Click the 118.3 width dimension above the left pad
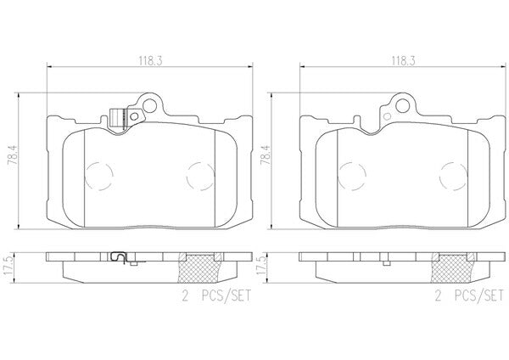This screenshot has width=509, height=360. [151, 61]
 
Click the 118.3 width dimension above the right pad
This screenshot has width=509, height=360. [404, 61]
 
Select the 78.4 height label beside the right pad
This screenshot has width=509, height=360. [266, 156]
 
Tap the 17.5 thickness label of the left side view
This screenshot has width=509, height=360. [9, 266]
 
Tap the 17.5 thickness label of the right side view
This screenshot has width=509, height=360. [261, 266]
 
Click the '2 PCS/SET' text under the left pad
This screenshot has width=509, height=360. [216, 295]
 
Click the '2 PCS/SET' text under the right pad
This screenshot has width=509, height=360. [469, 295]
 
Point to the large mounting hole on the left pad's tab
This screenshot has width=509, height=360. [149, 104]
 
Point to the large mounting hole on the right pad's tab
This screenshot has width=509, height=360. [402, 104]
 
